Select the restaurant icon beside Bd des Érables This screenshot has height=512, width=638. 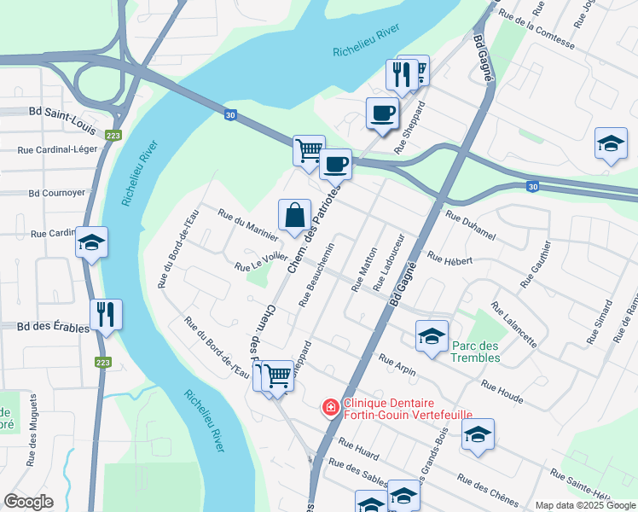[106, 314]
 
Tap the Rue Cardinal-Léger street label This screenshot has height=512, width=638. [57, 149]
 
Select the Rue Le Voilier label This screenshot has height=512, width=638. [261, 263]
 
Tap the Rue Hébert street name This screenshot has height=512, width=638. [449, 259]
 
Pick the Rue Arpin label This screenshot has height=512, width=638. [397, 364]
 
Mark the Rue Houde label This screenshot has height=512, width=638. [502, 389]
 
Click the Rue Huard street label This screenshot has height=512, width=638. [358, 448]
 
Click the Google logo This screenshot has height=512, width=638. [28, 502]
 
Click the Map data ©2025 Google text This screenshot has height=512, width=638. [584, 505]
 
